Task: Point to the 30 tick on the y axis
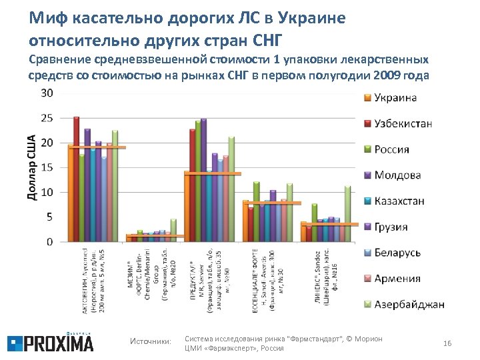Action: (x=48, y=93)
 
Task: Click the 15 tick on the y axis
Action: (x=48, y=168)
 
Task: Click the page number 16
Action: (x=447, y=343)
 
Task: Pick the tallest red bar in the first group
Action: (x=76, y=179)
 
